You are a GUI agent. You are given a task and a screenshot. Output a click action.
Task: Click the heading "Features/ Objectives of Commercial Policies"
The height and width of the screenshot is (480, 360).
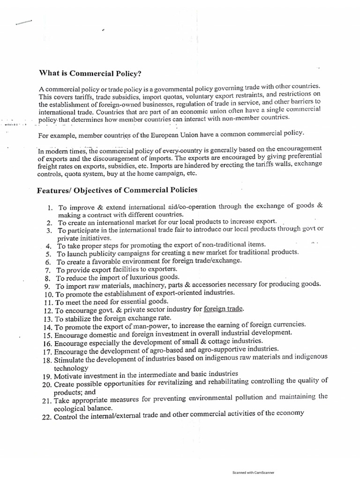point(117,190)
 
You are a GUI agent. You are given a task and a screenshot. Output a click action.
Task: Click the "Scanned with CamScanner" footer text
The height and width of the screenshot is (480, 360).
point(253,472)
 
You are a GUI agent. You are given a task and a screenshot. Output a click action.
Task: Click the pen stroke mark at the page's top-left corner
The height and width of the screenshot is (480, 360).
point(23,22)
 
